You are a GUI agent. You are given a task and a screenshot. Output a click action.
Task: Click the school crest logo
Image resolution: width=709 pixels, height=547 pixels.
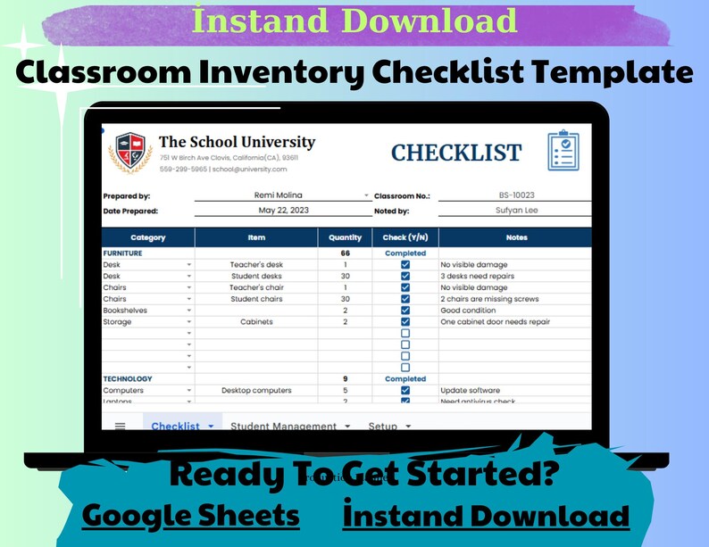129,153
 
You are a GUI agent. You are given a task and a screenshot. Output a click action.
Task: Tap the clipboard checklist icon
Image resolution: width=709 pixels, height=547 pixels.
563,151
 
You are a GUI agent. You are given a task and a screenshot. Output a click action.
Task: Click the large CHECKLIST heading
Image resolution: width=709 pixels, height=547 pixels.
456,153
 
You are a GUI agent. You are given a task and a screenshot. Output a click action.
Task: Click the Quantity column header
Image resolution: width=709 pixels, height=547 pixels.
345,238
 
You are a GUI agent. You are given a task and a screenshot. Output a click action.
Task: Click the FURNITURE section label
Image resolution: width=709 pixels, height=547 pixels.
123,253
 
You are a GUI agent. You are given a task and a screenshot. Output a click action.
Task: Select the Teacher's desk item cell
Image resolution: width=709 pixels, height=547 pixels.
256,265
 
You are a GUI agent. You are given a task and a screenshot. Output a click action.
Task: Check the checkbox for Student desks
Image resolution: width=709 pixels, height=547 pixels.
405,277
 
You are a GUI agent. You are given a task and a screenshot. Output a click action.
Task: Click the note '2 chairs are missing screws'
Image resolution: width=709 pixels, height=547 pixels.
489,299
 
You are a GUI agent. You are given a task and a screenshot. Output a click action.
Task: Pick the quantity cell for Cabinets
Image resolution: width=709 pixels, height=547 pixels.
345,322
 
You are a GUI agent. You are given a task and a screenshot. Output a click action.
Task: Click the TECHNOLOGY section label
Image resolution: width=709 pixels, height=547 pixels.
128,379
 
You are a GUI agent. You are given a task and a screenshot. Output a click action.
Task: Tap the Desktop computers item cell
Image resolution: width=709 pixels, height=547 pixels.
256,391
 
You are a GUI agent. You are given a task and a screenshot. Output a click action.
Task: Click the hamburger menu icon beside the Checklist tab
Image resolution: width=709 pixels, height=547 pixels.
120,427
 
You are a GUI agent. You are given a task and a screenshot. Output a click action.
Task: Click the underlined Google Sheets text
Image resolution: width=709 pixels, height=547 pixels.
191,516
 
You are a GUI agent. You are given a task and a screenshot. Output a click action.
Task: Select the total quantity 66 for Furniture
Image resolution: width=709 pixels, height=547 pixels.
345,253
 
